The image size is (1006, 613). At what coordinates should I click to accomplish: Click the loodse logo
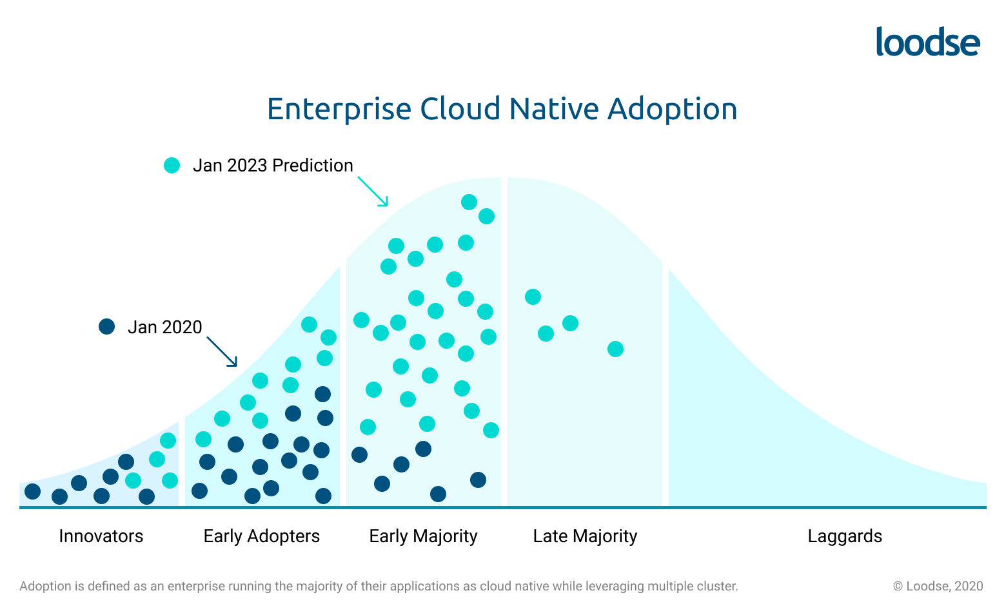[927, 42]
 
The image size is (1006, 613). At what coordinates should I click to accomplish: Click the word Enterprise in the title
[339, 109]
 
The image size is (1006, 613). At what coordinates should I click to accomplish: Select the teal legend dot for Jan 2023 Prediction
[172, 166]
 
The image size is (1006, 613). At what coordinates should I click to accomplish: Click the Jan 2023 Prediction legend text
[273, 166]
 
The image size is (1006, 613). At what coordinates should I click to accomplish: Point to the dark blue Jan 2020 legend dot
[106, 327]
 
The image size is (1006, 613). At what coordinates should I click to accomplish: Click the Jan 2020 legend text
[165, 327]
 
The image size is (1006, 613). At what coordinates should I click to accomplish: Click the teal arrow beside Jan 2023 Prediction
[373, 191]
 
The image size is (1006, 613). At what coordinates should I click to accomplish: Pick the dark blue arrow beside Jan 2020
[222, 352]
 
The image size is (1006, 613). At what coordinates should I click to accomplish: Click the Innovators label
[101, 536]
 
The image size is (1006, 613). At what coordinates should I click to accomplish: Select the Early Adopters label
[261, 536]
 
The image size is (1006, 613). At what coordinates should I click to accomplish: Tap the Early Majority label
[423, 536]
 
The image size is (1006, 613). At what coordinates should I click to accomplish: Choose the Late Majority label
[585, 536]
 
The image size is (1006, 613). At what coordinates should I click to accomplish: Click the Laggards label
[845, 536]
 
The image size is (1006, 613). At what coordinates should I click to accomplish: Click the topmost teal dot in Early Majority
[469, 202]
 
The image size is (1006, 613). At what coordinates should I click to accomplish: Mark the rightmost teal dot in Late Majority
[615, 349]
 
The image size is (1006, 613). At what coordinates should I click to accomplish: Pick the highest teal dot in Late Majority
[533, 297]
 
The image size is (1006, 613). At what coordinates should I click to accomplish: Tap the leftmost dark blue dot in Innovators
[32, 492]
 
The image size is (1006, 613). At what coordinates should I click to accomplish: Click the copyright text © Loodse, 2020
[938, 587]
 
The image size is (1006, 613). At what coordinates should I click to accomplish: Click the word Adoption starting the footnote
[45, 587]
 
